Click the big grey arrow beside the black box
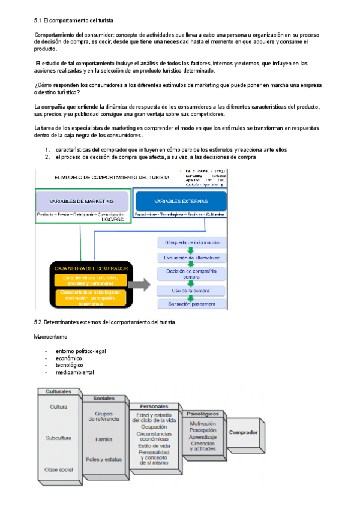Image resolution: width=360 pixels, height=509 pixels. click(141, 285)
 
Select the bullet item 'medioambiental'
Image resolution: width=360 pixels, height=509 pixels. click(74, 372)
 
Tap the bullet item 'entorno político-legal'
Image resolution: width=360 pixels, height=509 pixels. click(80, 351)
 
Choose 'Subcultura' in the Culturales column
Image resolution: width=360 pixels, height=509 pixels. click(58, 438)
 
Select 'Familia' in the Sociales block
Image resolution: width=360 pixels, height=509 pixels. click(103, 439)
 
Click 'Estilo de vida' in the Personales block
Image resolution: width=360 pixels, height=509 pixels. click(154, 446)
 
